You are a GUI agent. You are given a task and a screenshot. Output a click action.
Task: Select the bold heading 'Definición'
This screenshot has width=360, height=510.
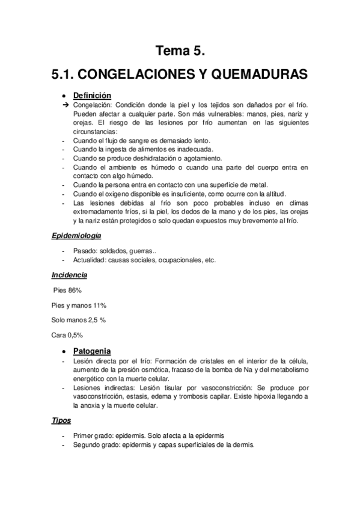(92, 95)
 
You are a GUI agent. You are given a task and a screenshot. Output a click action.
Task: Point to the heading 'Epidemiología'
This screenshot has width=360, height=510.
(76, 236)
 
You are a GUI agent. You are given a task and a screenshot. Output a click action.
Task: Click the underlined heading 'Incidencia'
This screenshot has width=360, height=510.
(69, 275)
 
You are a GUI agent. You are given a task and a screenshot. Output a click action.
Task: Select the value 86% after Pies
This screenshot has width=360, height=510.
(82, 290)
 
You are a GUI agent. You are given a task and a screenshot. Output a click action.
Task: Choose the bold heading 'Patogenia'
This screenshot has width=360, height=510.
(91, 351)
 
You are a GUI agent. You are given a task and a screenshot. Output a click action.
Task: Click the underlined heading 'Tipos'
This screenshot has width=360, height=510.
(61, 422)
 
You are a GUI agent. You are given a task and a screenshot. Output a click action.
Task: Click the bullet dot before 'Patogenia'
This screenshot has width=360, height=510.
(65, 351)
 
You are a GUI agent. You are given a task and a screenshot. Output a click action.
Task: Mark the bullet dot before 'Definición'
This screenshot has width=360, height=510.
(65, 96)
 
